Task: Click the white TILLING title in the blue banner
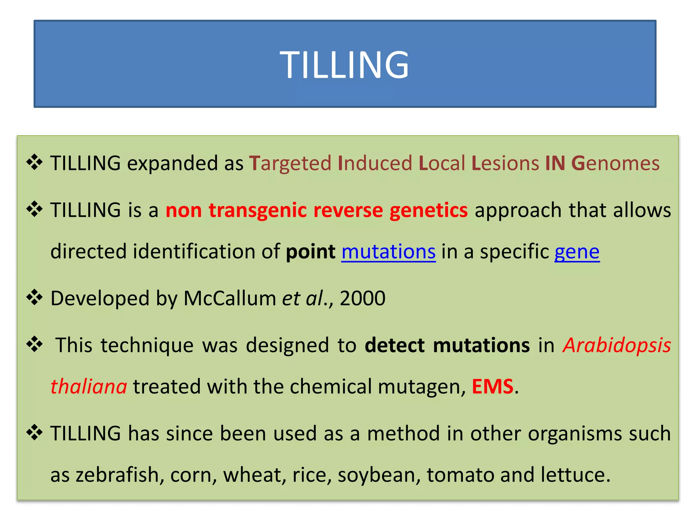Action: coord(344,64)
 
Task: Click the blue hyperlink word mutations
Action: coord(388,252)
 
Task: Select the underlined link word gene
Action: coord(577,252)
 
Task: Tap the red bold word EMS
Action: coord(492,386)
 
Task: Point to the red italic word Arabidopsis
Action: coord(617,346)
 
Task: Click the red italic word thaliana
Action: coord(89,386)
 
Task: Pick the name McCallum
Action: coord(229,298)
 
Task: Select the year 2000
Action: coord(363,298)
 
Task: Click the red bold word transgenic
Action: coord(257,211)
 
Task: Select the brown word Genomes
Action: coord(615,164)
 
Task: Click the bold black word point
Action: coord(310,252)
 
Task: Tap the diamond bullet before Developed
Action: coord(34,297)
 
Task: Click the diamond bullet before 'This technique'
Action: coord(34,344)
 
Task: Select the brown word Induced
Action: coord(375,163)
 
